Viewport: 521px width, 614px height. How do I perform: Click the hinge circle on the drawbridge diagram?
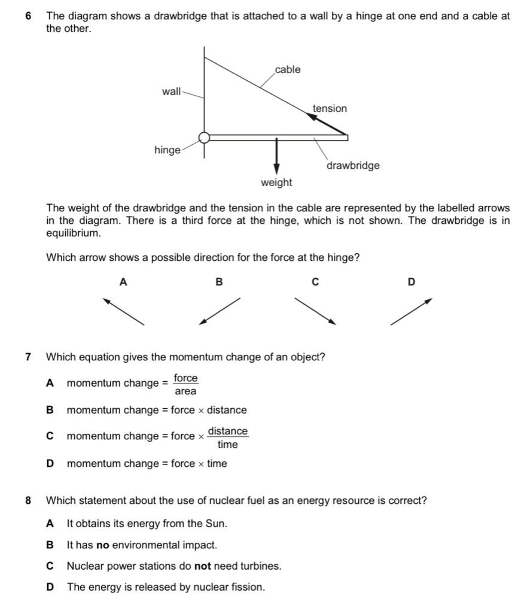pos(205,138)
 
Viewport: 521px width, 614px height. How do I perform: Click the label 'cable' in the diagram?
pos(288,70)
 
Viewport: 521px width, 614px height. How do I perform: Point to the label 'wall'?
pos(171,92)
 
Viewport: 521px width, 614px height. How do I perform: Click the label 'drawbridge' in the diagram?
pos(353,165)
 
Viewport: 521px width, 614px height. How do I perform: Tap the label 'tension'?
pos(330,108)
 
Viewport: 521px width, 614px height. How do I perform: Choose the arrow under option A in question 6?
pos(124,311)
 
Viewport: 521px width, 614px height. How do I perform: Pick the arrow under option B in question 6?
pos(220,311)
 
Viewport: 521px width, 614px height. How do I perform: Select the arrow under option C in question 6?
pos(315,311)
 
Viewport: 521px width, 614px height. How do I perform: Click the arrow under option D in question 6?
pos(411,311)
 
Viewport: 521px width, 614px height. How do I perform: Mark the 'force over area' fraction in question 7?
pos(185,384)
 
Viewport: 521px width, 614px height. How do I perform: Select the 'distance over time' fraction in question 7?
pos(228,437)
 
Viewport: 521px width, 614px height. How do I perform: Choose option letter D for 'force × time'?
pos(50,464)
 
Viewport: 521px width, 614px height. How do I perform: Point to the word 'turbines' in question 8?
pos(261,566)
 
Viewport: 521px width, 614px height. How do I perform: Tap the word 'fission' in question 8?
pos(248,587)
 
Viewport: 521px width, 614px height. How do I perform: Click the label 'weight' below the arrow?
pos(276,182)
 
